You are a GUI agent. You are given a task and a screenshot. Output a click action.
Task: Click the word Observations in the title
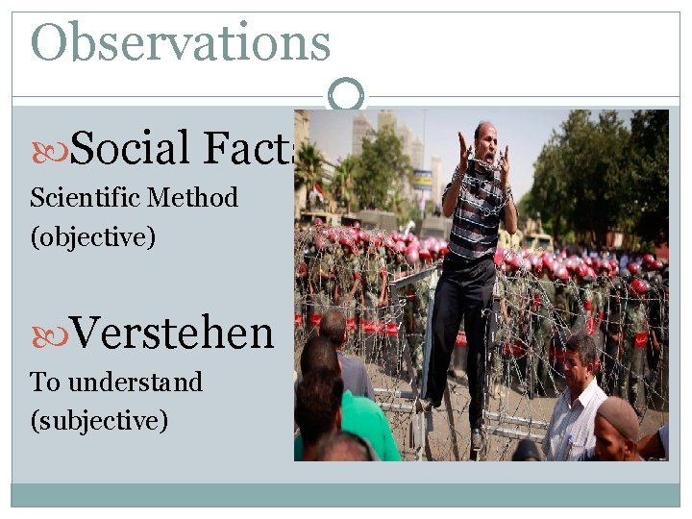[x=181, y=42]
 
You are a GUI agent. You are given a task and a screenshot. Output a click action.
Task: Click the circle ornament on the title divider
[x=346, y=95]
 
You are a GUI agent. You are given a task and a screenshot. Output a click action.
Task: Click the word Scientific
[x=85, y=198]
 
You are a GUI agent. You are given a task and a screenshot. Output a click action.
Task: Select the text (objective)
[x=92, y=236]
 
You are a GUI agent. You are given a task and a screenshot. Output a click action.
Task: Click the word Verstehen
[x=172, y=334]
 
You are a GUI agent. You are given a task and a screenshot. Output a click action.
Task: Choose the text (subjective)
[x=99, y=420]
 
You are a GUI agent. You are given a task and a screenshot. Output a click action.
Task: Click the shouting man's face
[x=485, y=143]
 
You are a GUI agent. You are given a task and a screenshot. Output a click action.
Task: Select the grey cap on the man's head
[x=620, y=416]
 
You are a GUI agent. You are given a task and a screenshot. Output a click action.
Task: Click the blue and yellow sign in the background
[x=422, y=179]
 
